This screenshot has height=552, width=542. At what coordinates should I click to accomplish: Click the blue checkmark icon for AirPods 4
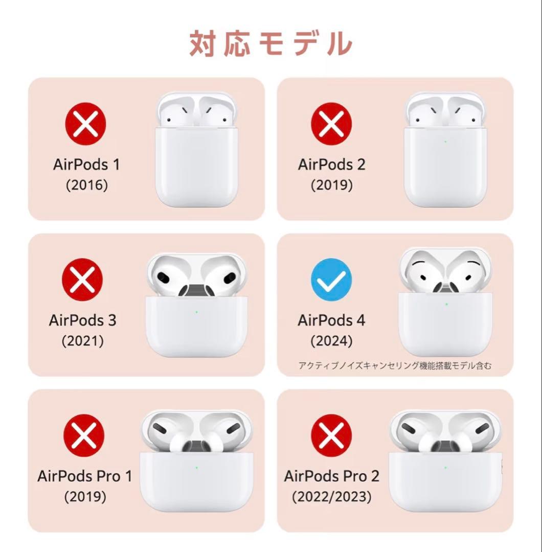coord(331,279)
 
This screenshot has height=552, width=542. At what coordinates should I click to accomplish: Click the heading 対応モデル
coord(270,43)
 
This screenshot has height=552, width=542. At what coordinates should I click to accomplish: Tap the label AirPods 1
coord(86,165)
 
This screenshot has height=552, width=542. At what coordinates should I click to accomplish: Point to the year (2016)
coord(86,185)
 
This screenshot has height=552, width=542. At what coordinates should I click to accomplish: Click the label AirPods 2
coord(332,165)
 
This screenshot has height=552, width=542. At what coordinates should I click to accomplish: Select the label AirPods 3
coord(82,320)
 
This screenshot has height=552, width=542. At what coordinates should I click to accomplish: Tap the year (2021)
coord(82,341)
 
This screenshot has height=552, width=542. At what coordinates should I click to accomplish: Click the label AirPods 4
coord(332,320)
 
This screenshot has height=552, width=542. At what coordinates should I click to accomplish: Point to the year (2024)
coord(332,341)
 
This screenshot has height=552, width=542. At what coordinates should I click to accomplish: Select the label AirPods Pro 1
coord(84,476)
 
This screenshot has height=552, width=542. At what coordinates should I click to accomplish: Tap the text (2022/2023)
coord(332,496)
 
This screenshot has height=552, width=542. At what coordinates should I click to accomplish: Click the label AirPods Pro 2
coord(332,476)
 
